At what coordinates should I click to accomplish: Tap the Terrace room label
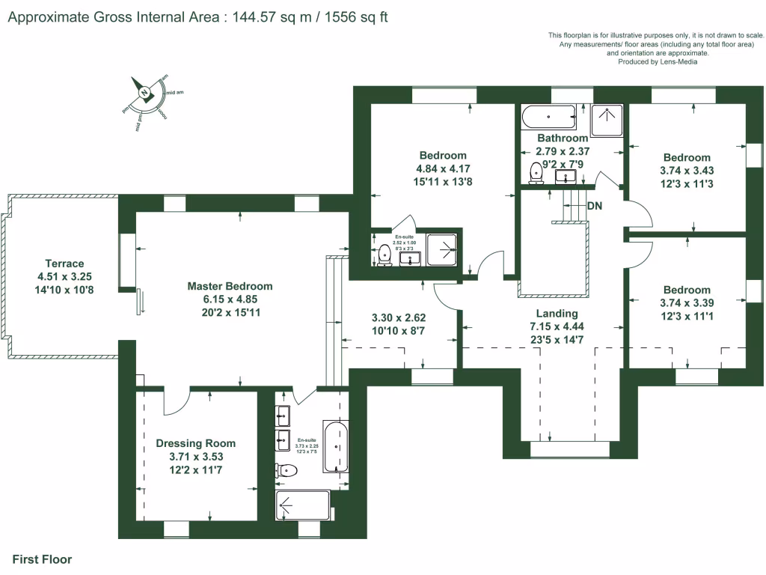[64, 264]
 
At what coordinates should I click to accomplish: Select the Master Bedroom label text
[230, 286]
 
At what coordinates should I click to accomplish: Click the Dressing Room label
[195, 443]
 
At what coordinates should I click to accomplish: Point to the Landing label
[557, 314]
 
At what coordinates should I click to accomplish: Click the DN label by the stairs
[595, 206]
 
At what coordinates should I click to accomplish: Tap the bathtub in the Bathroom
[549, 117]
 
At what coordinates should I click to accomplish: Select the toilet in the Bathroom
[536, 173]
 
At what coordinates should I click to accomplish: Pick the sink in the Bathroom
[566, 177]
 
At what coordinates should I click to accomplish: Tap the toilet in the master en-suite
[287, 470]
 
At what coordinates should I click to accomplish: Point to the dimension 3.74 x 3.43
[687, 170]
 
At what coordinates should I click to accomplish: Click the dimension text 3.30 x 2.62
[398, 317]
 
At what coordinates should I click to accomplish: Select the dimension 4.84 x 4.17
[443, 168]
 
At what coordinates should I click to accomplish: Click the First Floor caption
[42, 559]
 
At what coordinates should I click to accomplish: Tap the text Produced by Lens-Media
[658, 62]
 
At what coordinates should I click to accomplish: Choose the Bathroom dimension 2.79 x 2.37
[563, 150]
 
